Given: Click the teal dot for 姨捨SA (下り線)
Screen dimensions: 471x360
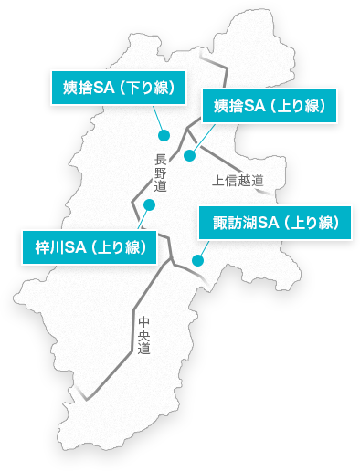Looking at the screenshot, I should coord(164,135).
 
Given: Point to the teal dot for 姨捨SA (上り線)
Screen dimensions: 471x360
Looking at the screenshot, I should coord(190,155).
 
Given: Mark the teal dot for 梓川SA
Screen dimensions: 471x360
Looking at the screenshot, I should coord(149,204).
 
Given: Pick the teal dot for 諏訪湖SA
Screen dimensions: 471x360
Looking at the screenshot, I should coord(197,261).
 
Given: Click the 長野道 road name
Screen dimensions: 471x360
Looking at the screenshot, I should coord(161,173).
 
